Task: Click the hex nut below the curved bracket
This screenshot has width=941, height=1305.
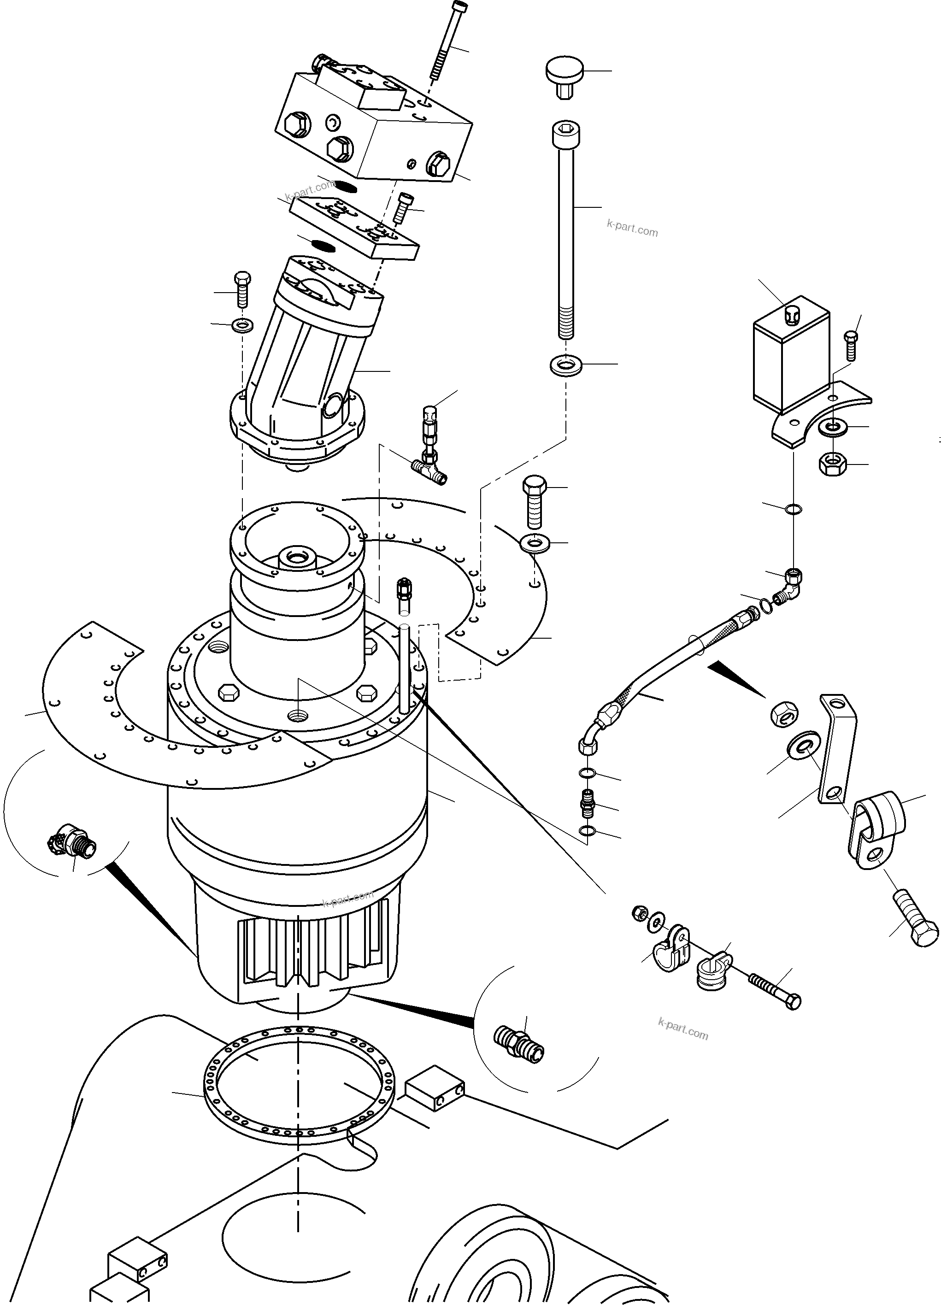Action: point(830,463)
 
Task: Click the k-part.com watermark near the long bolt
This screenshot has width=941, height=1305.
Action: point(632,229)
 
